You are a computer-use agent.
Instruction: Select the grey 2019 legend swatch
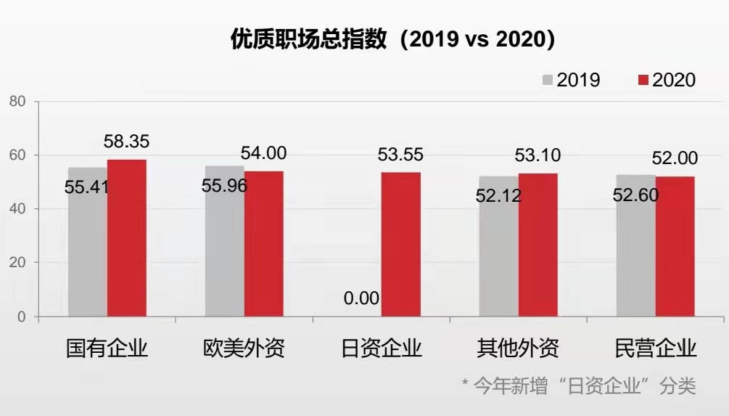[548, 80]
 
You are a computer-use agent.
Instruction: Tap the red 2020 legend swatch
[643, 80]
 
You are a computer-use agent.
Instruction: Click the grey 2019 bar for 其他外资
[498, 254]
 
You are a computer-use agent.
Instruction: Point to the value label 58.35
[126, 142]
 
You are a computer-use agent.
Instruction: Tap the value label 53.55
[400, 155]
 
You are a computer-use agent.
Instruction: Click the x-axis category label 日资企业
[382, 348]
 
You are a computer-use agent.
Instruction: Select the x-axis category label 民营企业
[655, 348]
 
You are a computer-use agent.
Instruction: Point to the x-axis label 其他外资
[518, 348]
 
